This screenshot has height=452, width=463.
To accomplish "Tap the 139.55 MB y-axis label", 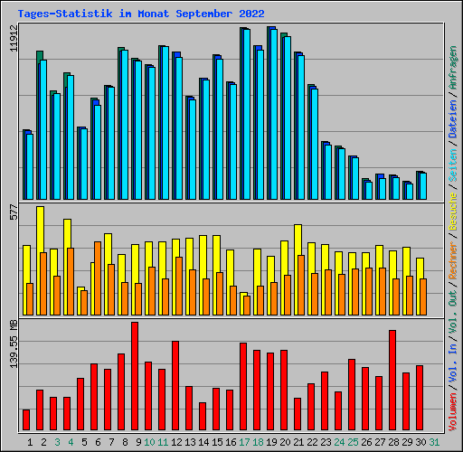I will pyautogui.click(x=13, y=343).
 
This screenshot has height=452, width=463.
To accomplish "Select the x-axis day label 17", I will pyautogui.click(x=244, y=442).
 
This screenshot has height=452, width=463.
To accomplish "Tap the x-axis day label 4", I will pyautogui.click(x=69, y=442).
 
